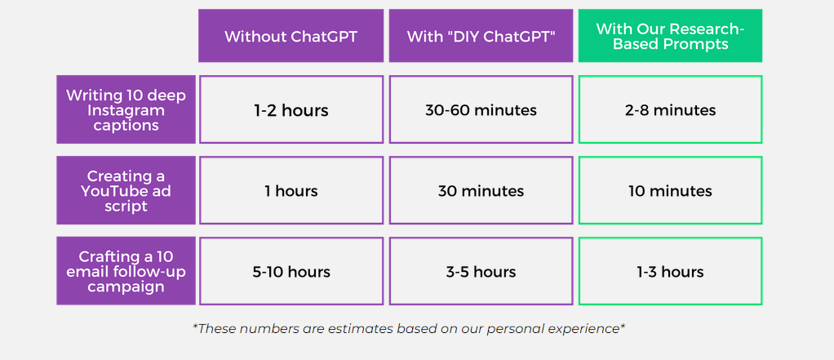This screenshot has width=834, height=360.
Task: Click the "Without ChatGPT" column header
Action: tap(291, 36)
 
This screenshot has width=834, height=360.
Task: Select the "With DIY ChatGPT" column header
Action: tap(481, 36)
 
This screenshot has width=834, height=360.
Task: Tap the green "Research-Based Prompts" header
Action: tap(670, 36)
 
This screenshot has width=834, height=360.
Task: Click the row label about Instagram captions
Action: tap(126, 109)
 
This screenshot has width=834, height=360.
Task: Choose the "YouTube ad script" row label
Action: tap(126, 190)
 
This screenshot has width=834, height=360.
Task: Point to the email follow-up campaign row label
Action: tap(126, 271)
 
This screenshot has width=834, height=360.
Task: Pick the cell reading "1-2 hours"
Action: tap(291, 109)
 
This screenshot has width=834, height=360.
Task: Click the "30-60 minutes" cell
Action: tap(481, 109)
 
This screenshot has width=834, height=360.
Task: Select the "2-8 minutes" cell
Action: tap(670, 109)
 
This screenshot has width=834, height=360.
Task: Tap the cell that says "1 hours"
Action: tap(291, 190)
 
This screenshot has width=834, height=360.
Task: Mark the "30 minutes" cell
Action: tap(481, 190)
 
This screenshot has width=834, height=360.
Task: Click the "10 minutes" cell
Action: tap(670, 190)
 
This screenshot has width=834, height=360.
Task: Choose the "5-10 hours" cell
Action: tap(291, 271)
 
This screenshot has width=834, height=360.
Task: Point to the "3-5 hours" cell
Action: tap(481, 271)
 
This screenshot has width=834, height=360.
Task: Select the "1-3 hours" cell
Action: tap(670, 271)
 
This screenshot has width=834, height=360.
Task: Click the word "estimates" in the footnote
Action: tap(362, 329)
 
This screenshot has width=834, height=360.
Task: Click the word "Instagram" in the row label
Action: tap(126, 110)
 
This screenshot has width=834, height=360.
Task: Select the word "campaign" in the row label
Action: tap(126, 287)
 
